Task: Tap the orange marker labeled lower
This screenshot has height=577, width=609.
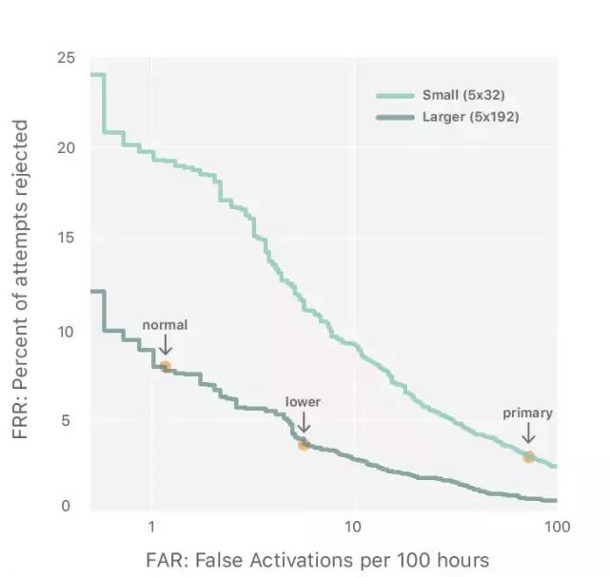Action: [x=304, y=444]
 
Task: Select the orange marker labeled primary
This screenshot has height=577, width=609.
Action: [x=528, y=457]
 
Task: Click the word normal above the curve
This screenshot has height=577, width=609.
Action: [x=165, y=325]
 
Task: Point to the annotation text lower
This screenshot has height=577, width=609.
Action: [x=303, y=402]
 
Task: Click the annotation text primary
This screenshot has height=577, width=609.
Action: [x=527, y=414]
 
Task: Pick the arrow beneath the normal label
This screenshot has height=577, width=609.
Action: [x=165, y=344]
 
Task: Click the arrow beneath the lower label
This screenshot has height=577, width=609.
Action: [x=304, y=423]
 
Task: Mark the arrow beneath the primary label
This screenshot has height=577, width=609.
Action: [x=528, y=434]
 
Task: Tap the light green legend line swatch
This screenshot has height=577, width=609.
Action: [x=394, y=95]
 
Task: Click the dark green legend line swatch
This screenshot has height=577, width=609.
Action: [x=394, y=117]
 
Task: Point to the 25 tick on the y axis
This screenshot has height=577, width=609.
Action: [x=66, y=58]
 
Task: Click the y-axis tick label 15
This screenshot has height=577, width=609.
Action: [x=66, y=238]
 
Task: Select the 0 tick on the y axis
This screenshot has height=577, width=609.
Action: [x=67, y=507]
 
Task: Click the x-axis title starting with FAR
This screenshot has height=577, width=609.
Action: [x=318, y=560]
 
